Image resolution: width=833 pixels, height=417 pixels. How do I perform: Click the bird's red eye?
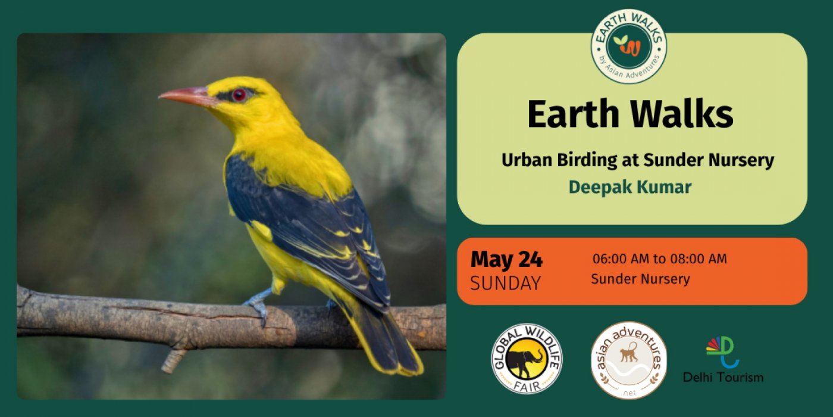[239, 95]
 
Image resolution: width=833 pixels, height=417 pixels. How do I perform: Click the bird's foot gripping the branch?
[257, 307]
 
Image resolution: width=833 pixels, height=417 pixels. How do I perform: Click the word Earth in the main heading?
[573, 114]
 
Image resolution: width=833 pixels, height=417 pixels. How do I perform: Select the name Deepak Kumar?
[630, 187]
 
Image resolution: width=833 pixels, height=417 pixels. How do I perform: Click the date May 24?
[506, 259]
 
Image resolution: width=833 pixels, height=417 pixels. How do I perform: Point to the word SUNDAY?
[505, 284]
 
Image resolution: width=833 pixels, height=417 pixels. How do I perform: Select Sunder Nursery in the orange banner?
[640, 279]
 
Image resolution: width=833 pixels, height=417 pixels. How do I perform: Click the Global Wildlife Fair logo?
[527, 359]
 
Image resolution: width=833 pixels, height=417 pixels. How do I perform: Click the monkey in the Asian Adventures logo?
[629, 352]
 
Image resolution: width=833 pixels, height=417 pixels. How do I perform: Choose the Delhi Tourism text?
[724, 378]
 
